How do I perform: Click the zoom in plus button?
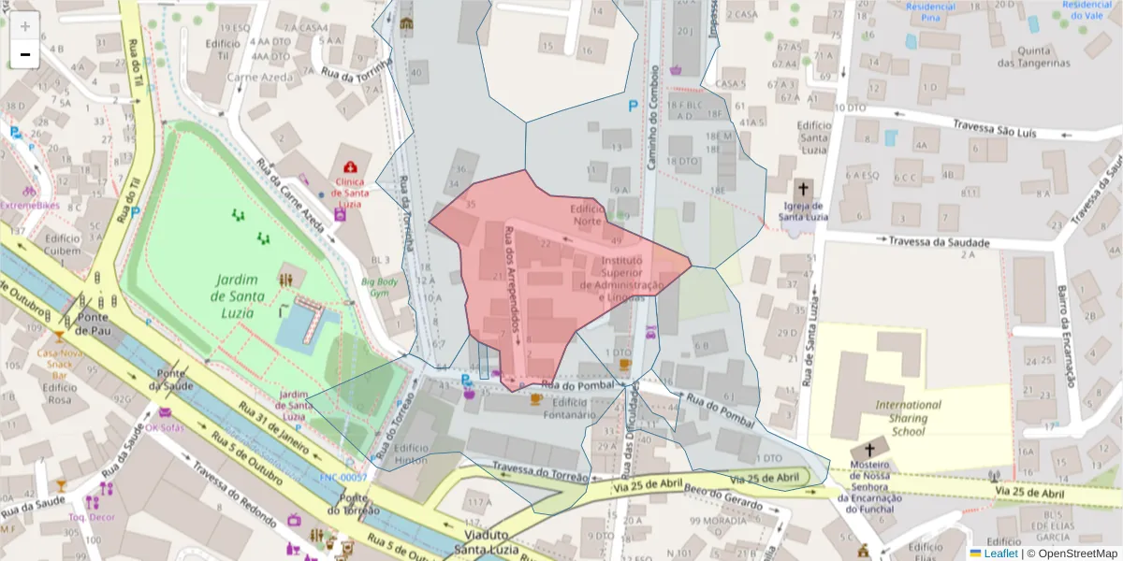tap(25, 26)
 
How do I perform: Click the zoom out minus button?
tap(25, 54)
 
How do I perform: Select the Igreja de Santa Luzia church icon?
tap(803, 189)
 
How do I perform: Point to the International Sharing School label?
tap(908, 418)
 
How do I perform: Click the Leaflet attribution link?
tap(1000, 553)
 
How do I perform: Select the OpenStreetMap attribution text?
tap(1072, 553)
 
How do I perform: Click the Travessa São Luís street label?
tap(994, 129)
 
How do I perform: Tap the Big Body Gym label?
tap(380, 286)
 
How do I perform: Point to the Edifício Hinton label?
tap(411, 453)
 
